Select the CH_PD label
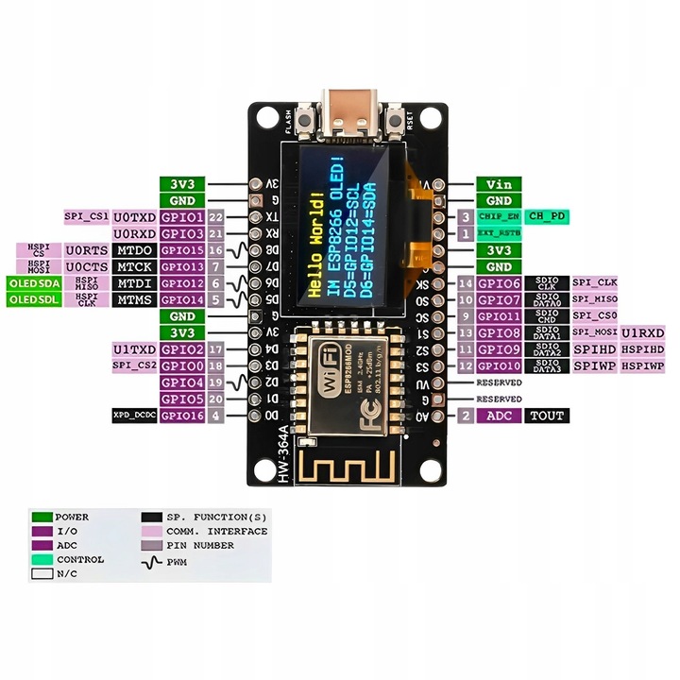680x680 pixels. (548, 216)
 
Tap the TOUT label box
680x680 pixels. (547, 416)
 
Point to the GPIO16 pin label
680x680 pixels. (182, 416)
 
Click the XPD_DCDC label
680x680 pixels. (133, 416)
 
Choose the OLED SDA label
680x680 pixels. (35, 283)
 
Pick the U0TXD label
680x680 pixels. (133, 217)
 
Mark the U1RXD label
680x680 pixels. (643, 333)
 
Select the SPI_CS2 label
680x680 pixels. (133, 365)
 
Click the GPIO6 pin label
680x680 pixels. (498, 283)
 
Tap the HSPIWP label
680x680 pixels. (643, 365)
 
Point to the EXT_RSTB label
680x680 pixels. (498, 232)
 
